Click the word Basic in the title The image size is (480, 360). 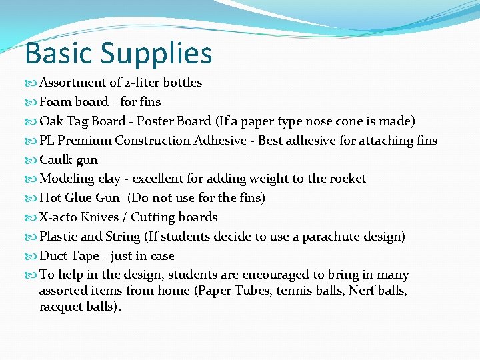(57, 54)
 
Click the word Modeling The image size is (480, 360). (67, 179)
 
